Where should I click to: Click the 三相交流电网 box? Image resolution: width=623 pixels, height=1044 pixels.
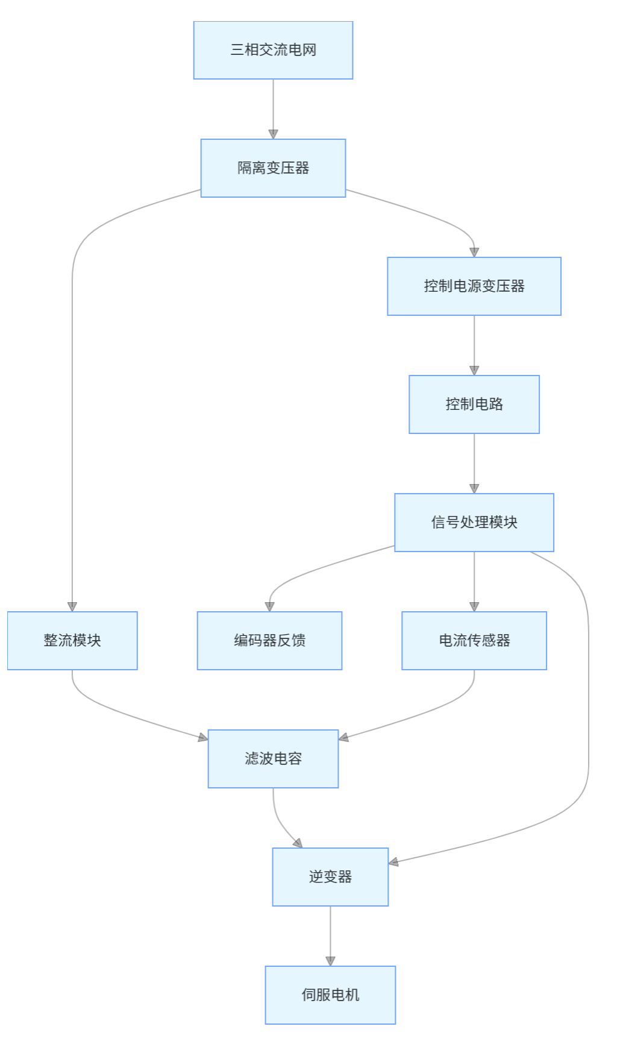[273, 50]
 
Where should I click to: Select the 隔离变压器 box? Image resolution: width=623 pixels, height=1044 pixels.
[273, 168]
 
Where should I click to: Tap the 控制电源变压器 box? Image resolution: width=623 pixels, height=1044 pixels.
[474, 286]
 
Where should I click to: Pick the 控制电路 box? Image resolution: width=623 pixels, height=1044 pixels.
[474, 404]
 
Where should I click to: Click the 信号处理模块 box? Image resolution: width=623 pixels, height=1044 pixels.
[474, 523]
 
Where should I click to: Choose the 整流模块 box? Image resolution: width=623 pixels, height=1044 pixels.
[72, 641]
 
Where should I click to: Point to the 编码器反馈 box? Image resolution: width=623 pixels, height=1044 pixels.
[269, 641]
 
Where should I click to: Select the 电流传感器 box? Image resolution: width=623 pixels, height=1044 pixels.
[474, 641]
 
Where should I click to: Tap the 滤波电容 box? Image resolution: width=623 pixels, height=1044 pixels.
[273, 759]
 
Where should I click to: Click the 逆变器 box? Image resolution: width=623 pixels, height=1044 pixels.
[330, 877]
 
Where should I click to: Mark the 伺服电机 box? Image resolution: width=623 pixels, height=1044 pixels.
[330, 995]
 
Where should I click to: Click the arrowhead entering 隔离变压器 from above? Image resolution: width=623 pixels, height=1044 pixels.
[273, 134]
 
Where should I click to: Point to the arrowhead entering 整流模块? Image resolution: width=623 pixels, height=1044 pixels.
[72, 606]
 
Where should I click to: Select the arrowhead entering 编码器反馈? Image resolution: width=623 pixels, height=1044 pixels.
[269, 606]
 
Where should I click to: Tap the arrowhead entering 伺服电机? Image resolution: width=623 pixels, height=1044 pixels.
[330, 961]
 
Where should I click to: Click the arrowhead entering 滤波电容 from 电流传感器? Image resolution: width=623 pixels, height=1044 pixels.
[344, 737]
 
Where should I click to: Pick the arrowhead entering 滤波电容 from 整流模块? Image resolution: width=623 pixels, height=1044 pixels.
[202, 737]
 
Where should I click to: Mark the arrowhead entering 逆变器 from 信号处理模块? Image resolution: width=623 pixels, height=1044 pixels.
[394, 863]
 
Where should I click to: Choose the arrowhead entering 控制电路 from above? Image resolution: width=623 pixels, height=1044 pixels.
[474, 370]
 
